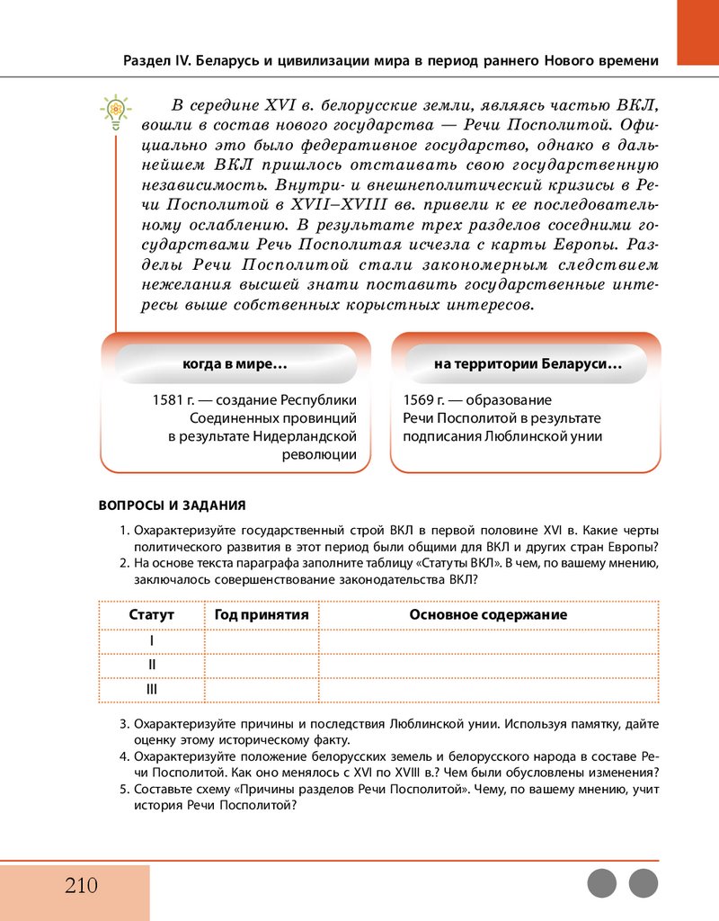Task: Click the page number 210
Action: click(x=81, y=885)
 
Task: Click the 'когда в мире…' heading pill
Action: click(x=235, y=365)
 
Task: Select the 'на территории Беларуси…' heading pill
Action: click(x=528, y=365)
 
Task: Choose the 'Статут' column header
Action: click(x=151, y=615)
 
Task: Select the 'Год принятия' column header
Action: click(x=262, y=615)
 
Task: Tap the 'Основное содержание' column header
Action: click(x=488, y=615)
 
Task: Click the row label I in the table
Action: click(x=151, y=640)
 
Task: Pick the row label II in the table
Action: click(x=151, y=665)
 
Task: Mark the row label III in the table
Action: click(x=151, y=689)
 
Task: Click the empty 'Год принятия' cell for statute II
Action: click(x=262, y=665)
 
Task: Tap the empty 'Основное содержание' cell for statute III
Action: click(x=488, y=689)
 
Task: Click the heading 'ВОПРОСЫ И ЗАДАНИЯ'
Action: click(x=172, y=505)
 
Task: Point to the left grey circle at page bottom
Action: click(x=602, y=883)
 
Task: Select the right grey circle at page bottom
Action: click(x=644, y=883)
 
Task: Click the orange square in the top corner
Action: click(x=697, y=32)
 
